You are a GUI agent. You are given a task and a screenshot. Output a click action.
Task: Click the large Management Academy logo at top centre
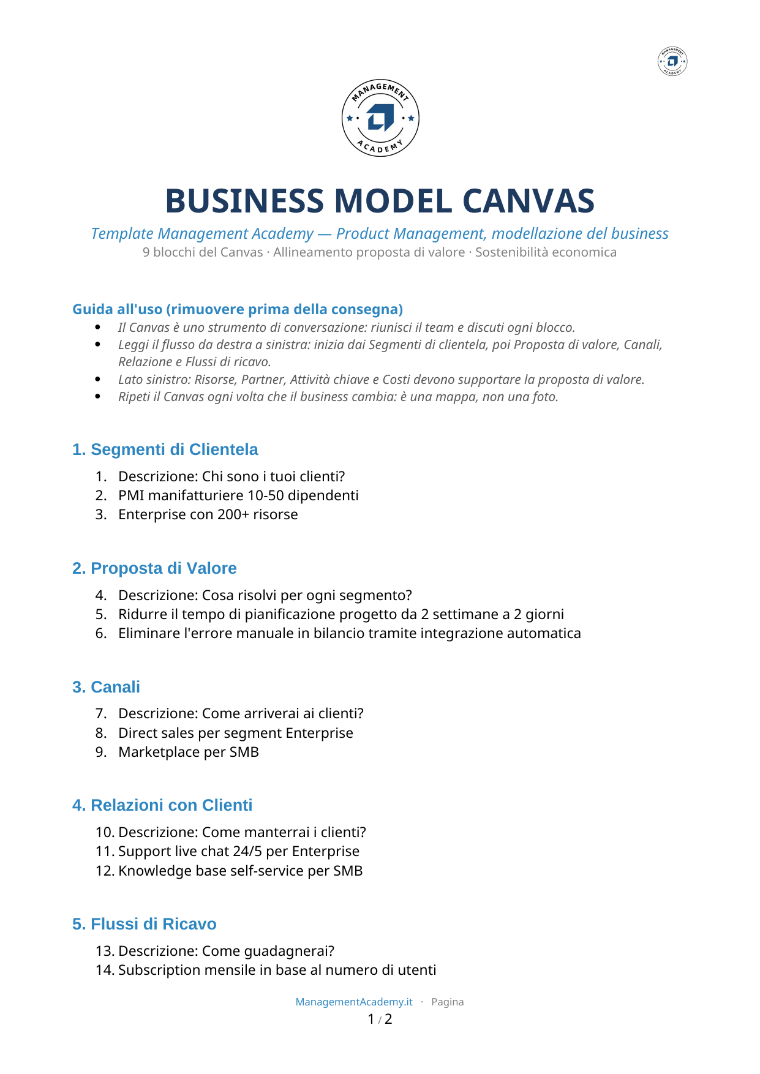[380, 118]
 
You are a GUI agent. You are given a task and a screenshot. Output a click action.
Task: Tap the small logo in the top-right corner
[672, 61]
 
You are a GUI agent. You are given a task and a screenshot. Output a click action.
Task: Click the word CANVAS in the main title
[529, 201]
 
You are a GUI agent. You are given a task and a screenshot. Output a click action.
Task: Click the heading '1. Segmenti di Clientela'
[165, 449]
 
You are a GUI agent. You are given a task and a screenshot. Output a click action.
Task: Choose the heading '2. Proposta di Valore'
[154, 568]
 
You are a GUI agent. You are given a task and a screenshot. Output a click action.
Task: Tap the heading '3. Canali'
[106, 687]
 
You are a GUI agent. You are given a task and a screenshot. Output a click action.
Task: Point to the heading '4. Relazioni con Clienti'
[162, 805]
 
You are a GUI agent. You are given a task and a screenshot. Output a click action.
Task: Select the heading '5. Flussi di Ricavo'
[145, 924]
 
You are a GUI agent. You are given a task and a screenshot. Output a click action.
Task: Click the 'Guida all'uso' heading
[238, 309]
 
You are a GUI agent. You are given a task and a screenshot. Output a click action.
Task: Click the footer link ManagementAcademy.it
[354, 1002]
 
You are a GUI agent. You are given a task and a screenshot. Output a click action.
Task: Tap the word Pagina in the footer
[448, 1002]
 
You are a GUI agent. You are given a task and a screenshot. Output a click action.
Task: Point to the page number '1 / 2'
[380, 1019]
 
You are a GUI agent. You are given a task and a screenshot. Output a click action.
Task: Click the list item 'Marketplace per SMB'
[189, 752]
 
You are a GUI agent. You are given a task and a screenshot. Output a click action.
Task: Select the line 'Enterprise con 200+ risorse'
[208, 514]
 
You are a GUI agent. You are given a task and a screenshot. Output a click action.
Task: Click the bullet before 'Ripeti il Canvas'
[98, 396]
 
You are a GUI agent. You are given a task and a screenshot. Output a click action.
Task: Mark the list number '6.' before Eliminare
[101, 633]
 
